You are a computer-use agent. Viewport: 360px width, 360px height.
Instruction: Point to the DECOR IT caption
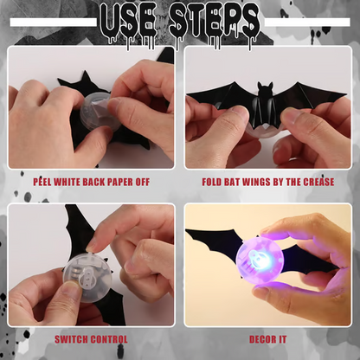tap(268, 339)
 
